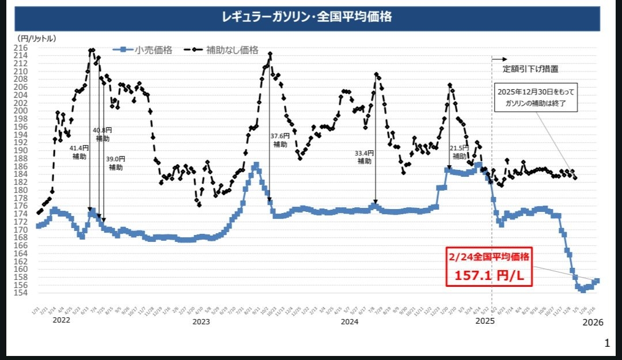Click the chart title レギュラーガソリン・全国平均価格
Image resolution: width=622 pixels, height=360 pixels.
307,17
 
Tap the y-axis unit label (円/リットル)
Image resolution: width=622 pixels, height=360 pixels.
37,38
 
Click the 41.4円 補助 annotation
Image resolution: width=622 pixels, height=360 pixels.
79,152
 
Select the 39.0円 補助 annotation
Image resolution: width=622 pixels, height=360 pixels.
116,163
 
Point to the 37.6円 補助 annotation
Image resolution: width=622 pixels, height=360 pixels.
280,140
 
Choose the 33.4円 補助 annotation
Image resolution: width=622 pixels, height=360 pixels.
364,157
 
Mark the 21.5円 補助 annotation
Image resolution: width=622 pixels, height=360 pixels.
460,152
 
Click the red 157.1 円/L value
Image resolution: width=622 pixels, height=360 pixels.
489,276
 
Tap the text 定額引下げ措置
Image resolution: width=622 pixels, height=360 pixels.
530,69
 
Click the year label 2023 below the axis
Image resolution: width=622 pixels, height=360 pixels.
201,322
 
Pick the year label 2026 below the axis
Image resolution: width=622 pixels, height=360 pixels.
593,323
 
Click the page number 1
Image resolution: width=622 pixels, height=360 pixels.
606,343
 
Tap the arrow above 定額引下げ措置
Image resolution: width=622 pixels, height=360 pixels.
500,59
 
